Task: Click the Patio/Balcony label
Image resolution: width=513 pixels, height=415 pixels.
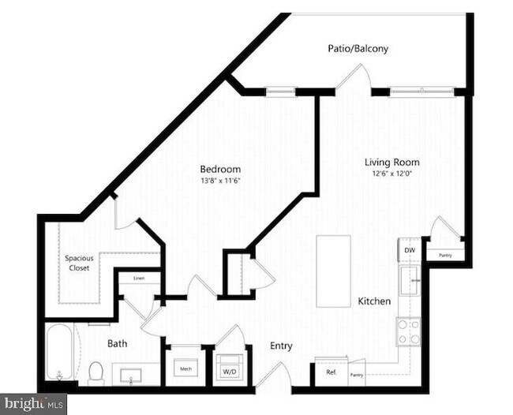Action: tap(358, 49)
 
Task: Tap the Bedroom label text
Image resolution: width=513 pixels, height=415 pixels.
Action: tap(220, 169)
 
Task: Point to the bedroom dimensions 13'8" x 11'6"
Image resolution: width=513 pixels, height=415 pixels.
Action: tap(220, 181)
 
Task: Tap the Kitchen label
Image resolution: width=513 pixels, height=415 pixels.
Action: tap(374, 301)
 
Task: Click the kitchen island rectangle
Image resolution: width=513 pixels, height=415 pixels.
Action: tap(333, 271)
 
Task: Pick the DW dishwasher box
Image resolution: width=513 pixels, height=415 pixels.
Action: tap(409, 251)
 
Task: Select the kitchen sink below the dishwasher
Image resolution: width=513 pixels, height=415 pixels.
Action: tap(409, 279)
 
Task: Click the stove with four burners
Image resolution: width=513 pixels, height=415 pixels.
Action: tap(408, 331)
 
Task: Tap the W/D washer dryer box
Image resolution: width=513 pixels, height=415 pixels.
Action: tap(229, 369)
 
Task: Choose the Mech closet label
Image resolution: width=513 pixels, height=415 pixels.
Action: tap(185, 368)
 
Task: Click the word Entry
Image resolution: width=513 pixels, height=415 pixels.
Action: tap(281, 346)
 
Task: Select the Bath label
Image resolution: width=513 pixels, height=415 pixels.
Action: tap(118, 343)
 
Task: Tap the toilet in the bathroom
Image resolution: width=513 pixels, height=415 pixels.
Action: tap(96, 371)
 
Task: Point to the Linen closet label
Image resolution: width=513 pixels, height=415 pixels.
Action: tap(138, 279)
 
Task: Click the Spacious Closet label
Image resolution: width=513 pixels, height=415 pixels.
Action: tap(77, 263)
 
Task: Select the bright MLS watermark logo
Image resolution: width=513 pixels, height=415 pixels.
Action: tap(33, 404)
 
